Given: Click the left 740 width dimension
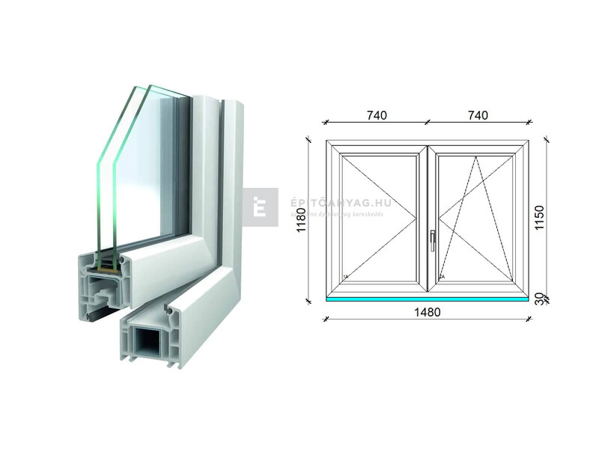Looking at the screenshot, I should [x=377, y=115].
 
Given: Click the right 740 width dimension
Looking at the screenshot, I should [x=477, y=115].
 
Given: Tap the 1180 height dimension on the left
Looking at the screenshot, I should [x=301, y=221].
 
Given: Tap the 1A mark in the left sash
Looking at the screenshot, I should [x=345, y=278].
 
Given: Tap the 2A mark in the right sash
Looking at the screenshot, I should [x=443, y=278].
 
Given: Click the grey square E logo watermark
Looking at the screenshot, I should [x=260, y=207].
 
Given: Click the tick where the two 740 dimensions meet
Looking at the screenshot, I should [x=427, y=121].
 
